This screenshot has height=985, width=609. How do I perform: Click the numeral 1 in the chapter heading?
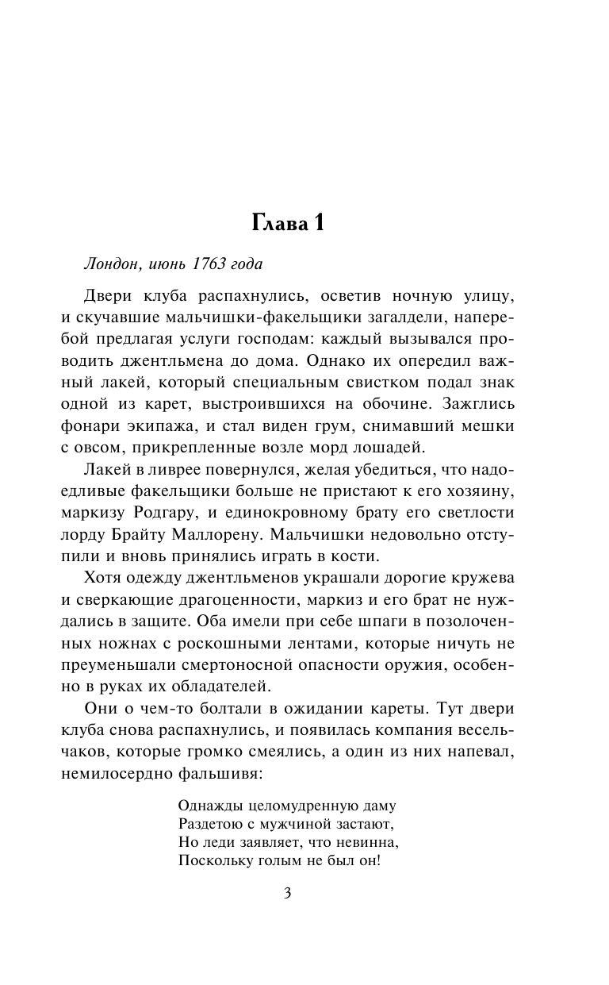tap(316, 224)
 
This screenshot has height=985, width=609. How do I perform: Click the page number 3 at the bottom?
tap(288, 894)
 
